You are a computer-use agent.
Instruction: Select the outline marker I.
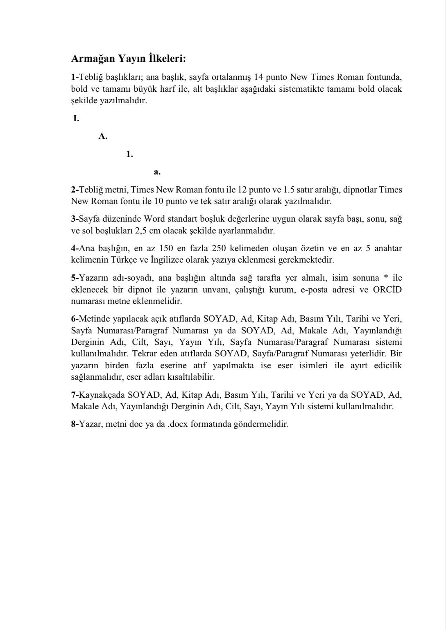(x=76, y=119)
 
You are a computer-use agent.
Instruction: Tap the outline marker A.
(x=103, y=136)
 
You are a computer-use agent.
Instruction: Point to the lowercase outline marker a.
(x=157, y=172)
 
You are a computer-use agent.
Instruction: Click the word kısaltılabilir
(x=193, y=377)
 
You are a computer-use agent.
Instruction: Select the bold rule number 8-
(x=75, y=424)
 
